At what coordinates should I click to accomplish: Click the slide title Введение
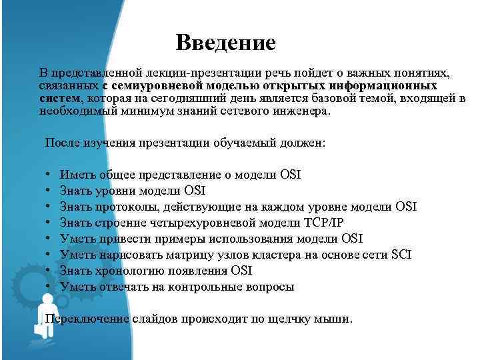pyautogui.click(x=225, y=44)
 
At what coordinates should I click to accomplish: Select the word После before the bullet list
pyautogui.click(x=63, y=143)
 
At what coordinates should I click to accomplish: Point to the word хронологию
pyautogui.click(x=124, y=271)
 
